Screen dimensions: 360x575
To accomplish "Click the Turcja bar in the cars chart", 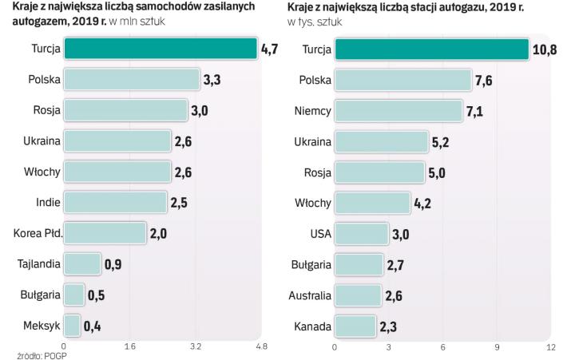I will coord(161,49).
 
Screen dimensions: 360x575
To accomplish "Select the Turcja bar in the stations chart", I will coord(432,49).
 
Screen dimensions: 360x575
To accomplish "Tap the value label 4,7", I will coord(269,49).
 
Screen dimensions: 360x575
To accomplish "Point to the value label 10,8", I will coord(544,49).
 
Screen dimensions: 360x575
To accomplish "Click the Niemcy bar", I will coord(399,110).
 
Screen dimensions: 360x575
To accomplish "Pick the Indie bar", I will coord(115,203).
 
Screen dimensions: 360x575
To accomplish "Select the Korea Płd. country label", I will coord(38,233).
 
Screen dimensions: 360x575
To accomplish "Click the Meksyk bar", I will coord(73,326).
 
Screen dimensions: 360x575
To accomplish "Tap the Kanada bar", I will coord(355,326).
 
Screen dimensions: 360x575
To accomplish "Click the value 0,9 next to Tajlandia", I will coord(113,264).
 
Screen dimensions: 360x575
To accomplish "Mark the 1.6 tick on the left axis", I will coord(129,347).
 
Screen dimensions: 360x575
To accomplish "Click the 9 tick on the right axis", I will coord(497,347).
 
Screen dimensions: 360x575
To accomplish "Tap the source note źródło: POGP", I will coord(39,356).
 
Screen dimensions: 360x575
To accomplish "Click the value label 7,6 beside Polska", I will coord(484,80).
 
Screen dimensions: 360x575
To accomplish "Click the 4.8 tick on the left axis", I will coord(260,347).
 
